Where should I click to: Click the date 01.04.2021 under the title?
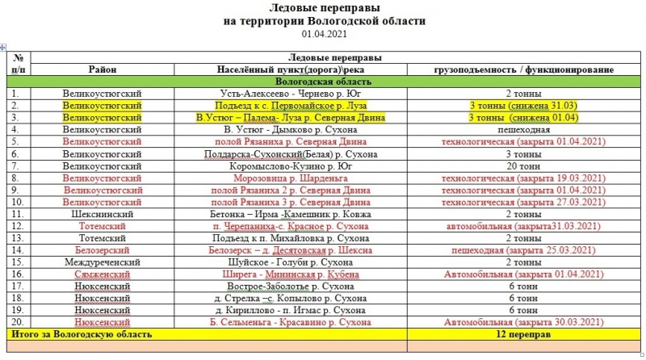tap(323, 34)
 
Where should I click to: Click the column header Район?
tap(103, 70)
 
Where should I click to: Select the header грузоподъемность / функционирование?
tap(518, 70)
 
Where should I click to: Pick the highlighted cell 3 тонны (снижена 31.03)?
tap(518, 106)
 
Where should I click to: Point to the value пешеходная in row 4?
tap(518, 129)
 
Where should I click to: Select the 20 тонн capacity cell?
tap(518, 165)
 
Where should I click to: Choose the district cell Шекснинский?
tap(103, 214)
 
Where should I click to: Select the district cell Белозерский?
tap(103, 250)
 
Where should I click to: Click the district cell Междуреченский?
tap(103, 262)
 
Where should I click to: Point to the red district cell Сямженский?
tap(103, 274)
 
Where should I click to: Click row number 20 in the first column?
tap(15, 322)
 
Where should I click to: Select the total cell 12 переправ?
tap(518, 333)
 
